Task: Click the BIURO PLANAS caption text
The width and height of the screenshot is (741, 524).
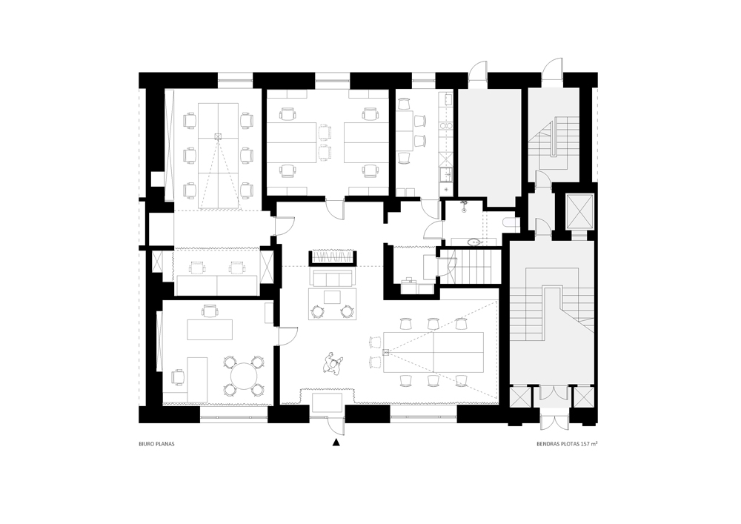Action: point(156,444)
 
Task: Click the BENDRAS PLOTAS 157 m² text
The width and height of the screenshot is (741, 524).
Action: point(567,444)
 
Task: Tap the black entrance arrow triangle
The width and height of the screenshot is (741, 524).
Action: point(336,442)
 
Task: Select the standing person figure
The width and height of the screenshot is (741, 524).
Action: point(333,363)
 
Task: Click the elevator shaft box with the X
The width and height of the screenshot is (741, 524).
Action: point(579,210)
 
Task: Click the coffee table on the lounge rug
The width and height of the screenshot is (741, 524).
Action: point(332,297)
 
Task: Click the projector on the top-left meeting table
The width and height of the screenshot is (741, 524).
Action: point(217,137)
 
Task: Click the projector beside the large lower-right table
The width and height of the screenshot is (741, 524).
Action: point(385,352)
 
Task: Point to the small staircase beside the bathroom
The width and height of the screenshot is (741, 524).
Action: point(471,267)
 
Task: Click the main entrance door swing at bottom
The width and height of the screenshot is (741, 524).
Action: point(336,425)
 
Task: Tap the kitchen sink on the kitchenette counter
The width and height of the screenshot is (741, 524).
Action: point(445,176)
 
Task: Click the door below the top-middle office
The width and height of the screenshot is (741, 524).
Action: point(336,209)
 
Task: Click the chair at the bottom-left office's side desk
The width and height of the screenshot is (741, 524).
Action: point(177,377)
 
